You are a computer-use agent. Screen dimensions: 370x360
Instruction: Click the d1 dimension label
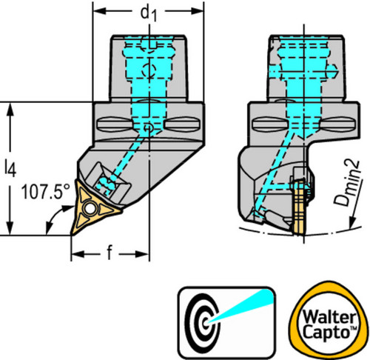148,13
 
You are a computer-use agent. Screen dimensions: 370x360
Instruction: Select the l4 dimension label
10,169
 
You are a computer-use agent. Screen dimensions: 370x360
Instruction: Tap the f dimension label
110,253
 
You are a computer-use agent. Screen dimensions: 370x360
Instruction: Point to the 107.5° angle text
46,192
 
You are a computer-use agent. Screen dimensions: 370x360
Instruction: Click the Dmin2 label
347,183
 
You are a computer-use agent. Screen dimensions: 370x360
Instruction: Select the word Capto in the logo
327,332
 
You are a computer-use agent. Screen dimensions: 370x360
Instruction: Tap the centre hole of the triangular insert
90,209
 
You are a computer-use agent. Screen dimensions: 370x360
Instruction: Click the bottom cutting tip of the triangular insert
72,234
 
